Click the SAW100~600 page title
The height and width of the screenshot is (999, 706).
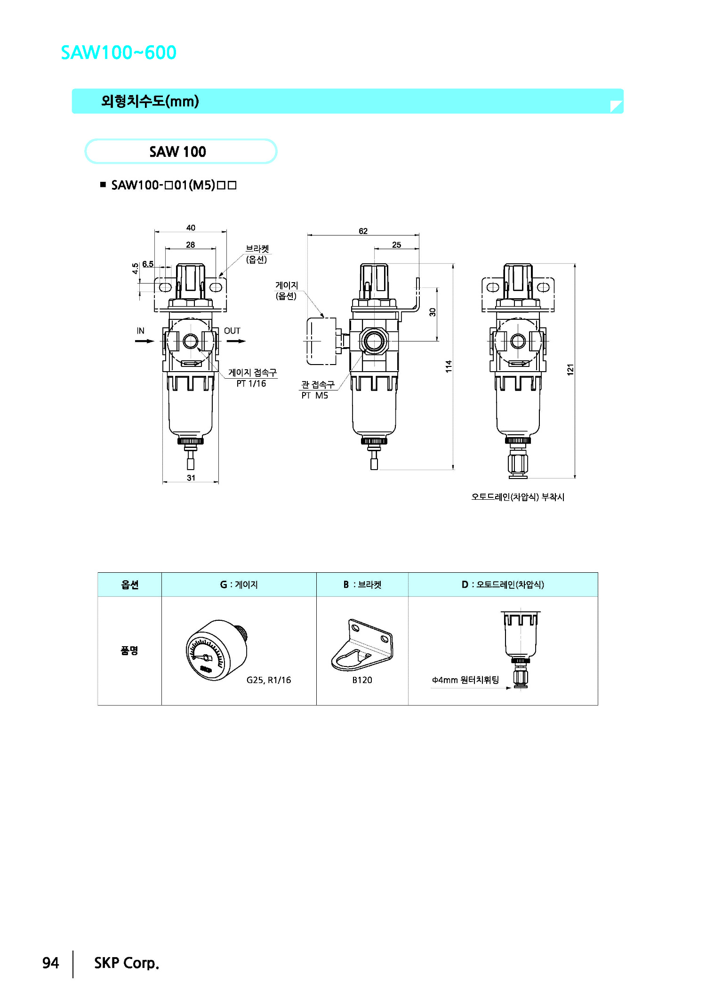[119, 52]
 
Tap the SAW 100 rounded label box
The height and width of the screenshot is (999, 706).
[181, 151]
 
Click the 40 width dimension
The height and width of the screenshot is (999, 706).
[191, 227]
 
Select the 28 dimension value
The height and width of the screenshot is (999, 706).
[190, 244]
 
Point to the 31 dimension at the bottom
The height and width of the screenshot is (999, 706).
[191, 478]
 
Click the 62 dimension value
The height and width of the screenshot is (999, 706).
[363, 231]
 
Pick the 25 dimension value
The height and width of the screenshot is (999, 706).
[396, 244]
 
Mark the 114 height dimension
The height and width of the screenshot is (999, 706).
[449, 366]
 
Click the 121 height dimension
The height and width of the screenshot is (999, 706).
[570, 369]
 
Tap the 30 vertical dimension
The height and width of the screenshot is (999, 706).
[433, 312]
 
